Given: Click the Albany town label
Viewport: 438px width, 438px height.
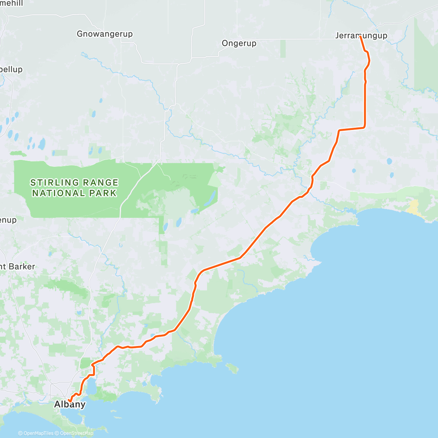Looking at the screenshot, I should coord(70,404).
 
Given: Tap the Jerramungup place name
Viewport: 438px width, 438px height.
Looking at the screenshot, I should coord(361,36).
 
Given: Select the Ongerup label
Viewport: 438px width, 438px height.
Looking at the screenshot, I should coord(239,43).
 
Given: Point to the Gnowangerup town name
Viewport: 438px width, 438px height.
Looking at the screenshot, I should coord(105,34).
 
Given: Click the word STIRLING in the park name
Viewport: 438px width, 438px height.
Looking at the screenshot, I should coord(54,182).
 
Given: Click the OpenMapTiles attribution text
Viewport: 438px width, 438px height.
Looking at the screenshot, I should coord(38,434).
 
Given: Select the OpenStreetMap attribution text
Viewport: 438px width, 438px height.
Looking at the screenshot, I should coord(77,434).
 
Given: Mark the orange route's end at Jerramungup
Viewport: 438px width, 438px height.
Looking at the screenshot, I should coord(360,36).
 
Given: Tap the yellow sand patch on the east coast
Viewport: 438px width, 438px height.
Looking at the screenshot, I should coord(414,207).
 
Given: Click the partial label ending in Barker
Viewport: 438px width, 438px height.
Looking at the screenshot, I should coord(17,267).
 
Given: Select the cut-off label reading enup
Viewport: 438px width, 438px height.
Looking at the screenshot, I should coord(8,220).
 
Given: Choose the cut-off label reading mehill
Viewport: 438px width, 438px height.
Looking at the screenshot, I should coord(11,4).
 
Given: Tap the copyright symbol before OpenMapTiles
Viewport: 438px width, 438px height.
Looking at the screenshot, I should coord(20,434).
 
